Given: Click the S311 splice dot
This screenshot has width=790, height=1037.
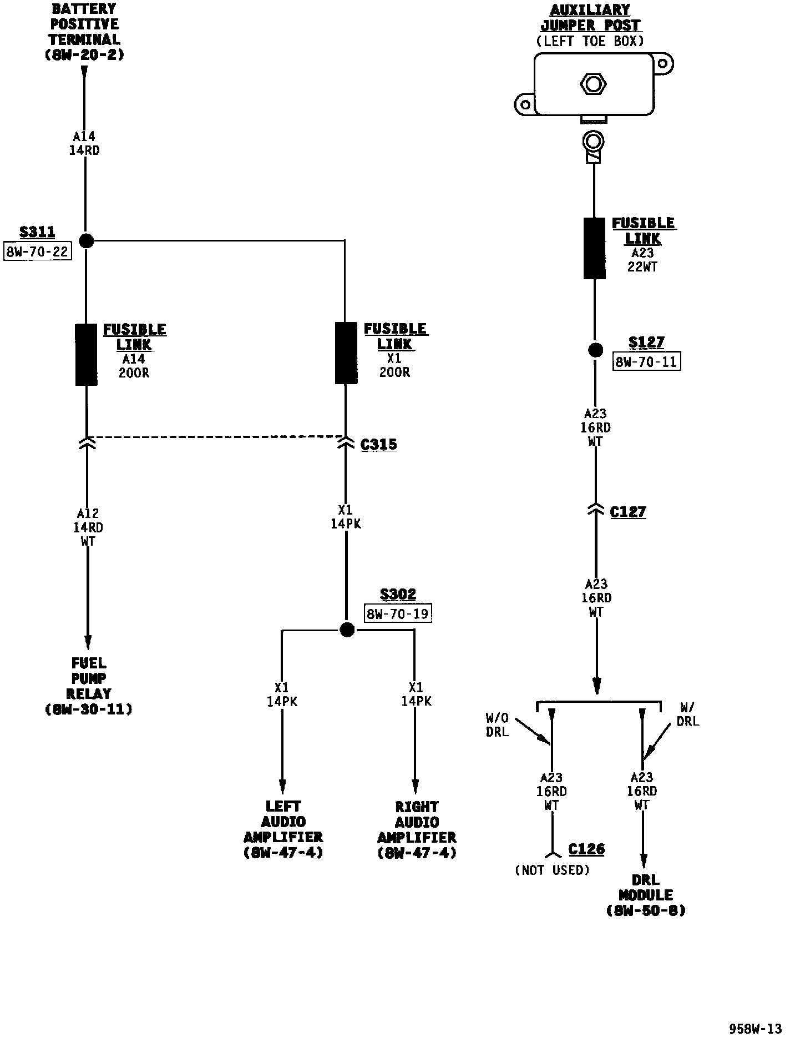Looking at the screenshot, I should (86, 241).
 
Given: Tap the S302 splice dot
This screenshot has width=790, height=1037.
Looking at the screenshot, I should (347, 630).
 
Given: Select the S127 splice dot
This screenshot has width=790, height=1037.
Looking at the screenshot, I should (595, 350).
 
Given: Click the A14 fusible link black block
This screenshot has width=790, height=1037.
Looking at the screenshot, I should (87, 354).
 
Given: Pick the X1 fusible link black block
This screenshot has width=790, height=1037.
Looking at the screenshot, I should (346, 353).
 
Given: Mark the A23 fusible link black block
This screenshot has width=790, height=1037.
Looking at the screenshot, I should (594, 248).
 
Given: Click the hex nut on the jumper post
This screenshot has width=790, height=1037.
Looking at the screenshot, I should (593, 84).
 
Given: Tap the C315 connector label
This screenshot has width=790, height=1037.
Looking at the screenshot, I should (379, 445).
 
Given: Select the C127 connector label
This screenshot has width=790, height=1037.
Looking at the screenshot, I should (628, 512).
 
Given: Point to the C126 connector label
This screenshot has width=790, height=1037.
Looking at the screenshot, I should (586, 849).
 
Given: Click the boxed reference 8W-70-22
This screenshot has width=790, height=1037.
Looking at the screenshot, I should (38, 251).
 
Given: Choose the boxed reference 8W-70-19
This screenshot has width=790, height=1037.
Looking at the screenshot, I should (398, 614).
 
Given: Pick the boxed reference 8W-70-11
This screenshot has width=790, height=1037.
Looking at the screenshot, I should (646, 362).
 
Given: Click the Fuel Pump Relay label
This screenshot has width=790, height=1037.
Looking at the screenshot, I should (89, 686).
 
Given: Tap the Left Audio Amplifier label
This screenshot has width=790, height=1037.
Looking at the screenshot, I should (283, 829).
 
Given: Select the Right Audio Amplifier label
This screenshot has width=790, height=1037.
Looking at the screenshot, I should (417, 829).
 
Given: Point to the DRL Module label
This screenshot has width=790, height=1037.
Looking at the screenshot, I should (646, 895).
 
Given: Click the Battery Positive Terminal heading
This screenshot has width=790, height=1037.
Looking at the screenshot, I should (84, 32).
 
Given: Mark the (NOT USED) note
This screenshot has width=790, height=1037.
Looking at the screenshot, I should (552, 870).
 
